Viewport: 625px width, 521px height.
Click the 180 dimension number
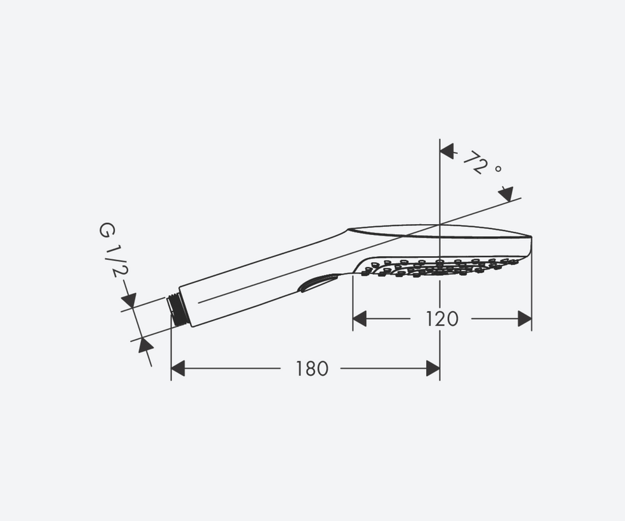click(312, 368)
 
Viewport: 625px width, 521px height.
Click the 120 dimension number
click(441, 319)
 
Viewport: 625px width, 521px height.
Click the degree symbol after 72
click(498, 169)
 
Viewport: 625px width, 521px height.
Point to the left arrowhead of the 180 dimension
click(178, 368)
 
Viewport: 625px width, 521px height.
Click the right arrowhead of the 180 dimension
click(433, 368)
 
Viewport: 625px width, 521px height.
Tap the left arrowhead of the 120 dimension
click(360, 319)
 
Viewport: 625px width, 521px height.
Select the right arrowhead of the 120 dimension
click(524, 319)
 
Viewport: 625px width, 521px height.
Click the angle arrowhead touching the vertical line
click(447, 151)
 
